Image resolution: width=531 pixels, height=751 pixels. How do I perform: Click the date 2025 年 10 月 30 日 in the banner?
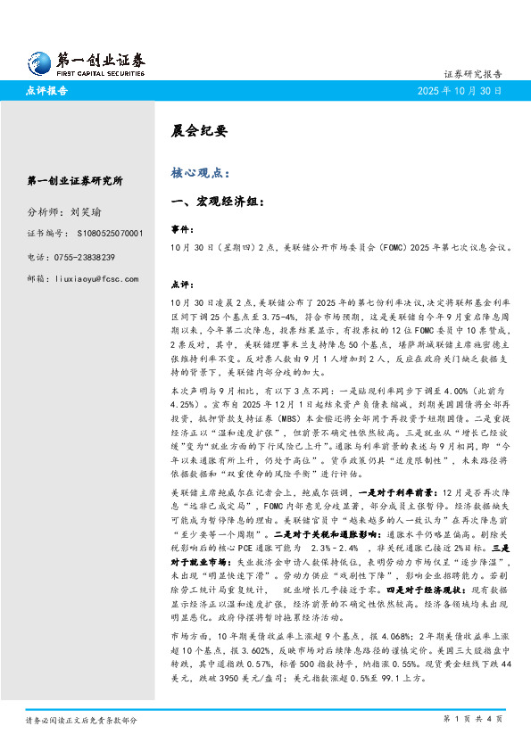tap(460, 91)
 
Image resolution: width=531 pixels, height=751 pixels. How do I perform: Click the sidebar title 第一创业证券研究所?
tap(76, 181)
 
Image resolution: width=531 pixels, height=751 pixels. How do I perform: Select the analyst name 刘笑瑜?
tap(85, 213)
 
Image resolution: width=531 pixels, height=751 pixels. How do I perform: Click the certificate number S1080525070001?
tap(105, 234)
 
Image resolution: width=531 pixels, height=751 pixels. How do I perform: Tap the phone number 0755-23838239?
tap(89, 257)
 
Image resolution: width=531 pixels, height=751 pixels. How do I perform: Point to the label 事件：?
tap(182, 229)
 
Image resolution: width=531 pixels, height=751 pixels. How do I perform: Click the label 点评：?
tap(182, 285)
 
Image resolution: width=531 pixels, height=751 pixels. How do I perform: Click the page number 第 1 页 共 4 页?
tap(473, 719)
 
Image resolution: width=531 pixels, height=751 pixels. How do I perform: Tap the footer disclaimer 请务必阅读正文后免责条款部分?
tap(81, 719)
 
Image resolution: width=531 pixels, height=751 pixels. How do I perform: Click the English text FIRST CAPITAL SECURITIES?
tap(101, 75)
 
